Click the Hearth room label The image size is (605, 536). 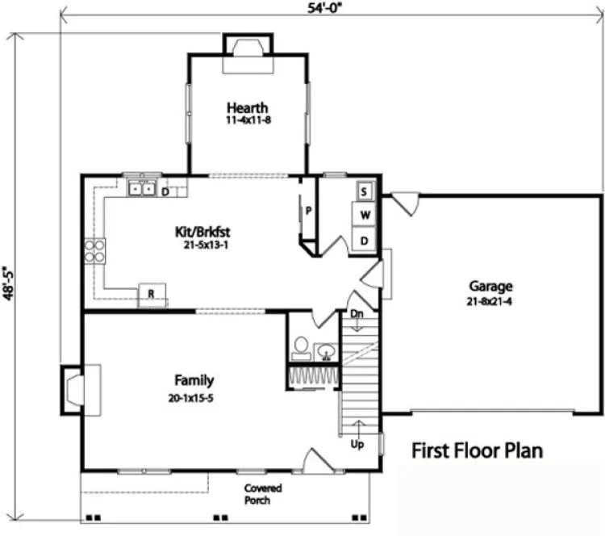(x=247, y=108)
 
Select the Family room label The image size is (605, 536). (x=194, y=379)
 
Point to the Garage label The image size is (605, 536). (x=490, y=286)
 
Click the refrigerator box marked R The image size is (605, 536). (x=150, y=295)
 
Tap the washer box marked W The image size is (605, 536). (x=365, y=216)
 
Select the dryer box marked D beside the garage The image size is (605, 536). (x=365, y=241)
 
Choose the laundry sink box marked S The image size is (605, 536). (x=365, y=192)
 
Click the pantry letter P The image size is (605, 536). (x=307, y=211)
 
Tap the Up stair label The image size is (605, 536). (x=355, y=445)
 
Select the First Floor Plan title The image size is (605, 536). (x=478, y=450)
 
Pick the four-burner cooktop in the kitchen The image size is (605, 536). (x=95, y=251)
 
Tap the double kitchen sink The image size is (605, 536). (x=141, y=189)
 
